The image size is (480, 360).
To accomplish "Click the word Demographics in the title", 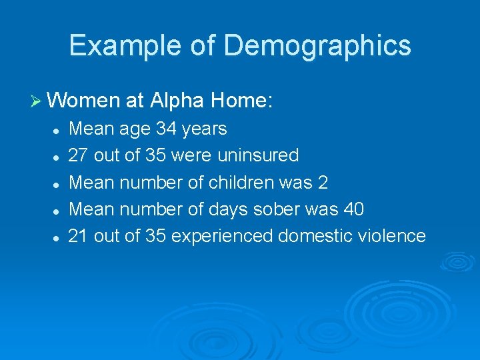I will (317, 46).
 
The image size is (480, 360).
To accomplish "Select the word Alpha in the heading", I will (178, 101).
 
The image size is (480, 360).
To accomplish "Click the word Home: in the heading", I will (241, 101).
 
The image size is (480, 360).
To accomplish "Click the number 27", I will (79, 155).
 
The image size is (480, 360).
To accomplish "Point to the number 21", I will (79, 235).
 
